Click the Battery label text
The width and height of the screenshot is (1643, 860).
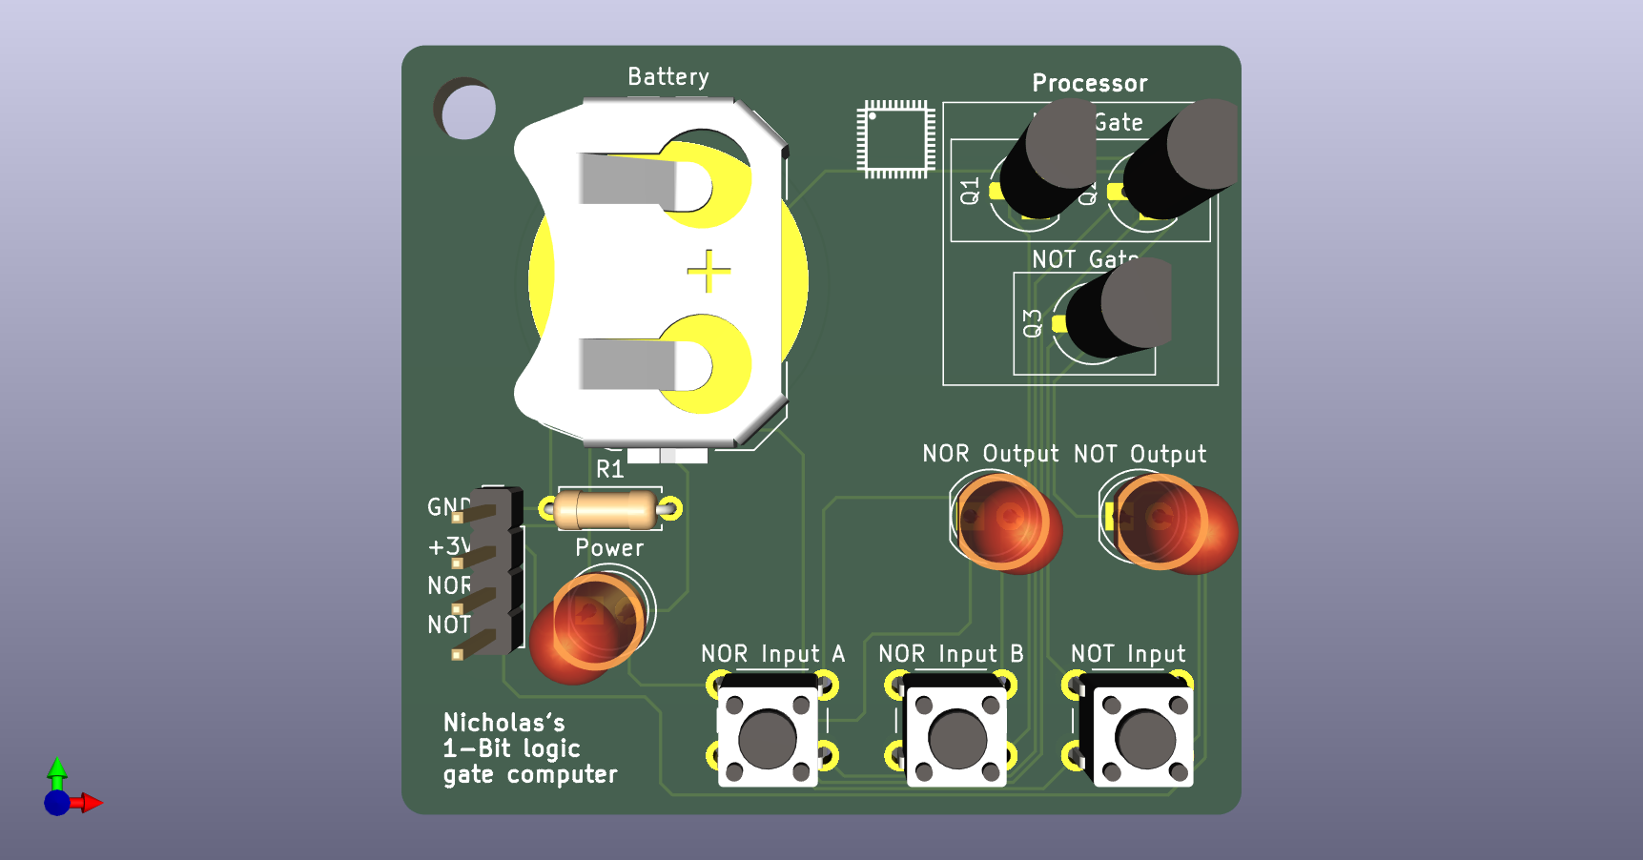(x=667, y=76)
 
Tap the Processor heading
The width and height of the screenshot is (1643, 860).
(x=1089, y=83)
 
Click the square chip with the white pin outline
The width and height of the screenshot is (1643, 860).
(x=895, y=139)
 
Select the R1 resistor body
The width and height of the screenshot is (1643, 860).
(x=606, y=509)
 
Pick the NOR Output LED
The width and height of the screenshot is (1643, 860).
(x=1006, y=522)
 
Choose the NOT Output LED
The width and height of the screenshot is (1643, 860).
(x=1168, y=522)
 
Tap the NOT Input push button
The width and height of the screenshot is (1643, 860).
(x=1144, y=737)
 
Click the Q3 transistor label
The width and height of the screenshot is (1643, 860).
(x=1032, y=323)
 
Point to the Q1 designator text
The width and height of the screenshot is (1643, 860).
(x=970, y=191)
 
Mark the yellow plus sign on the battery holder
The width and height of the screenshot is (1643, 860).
(x=709, y=272)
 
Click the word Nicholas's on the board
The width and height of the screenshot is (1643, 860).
(x=503, y=722)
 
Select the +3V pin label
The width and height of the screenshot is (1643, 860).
(x=448, y=546)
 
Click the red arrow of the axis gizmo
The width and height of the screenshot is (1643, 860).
(x=92, y=803)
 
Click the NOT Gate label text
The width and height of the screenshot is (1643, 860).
(x=1084, y=259)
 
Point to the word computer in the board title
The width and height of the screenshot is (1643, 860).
(x=562, y=774)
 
